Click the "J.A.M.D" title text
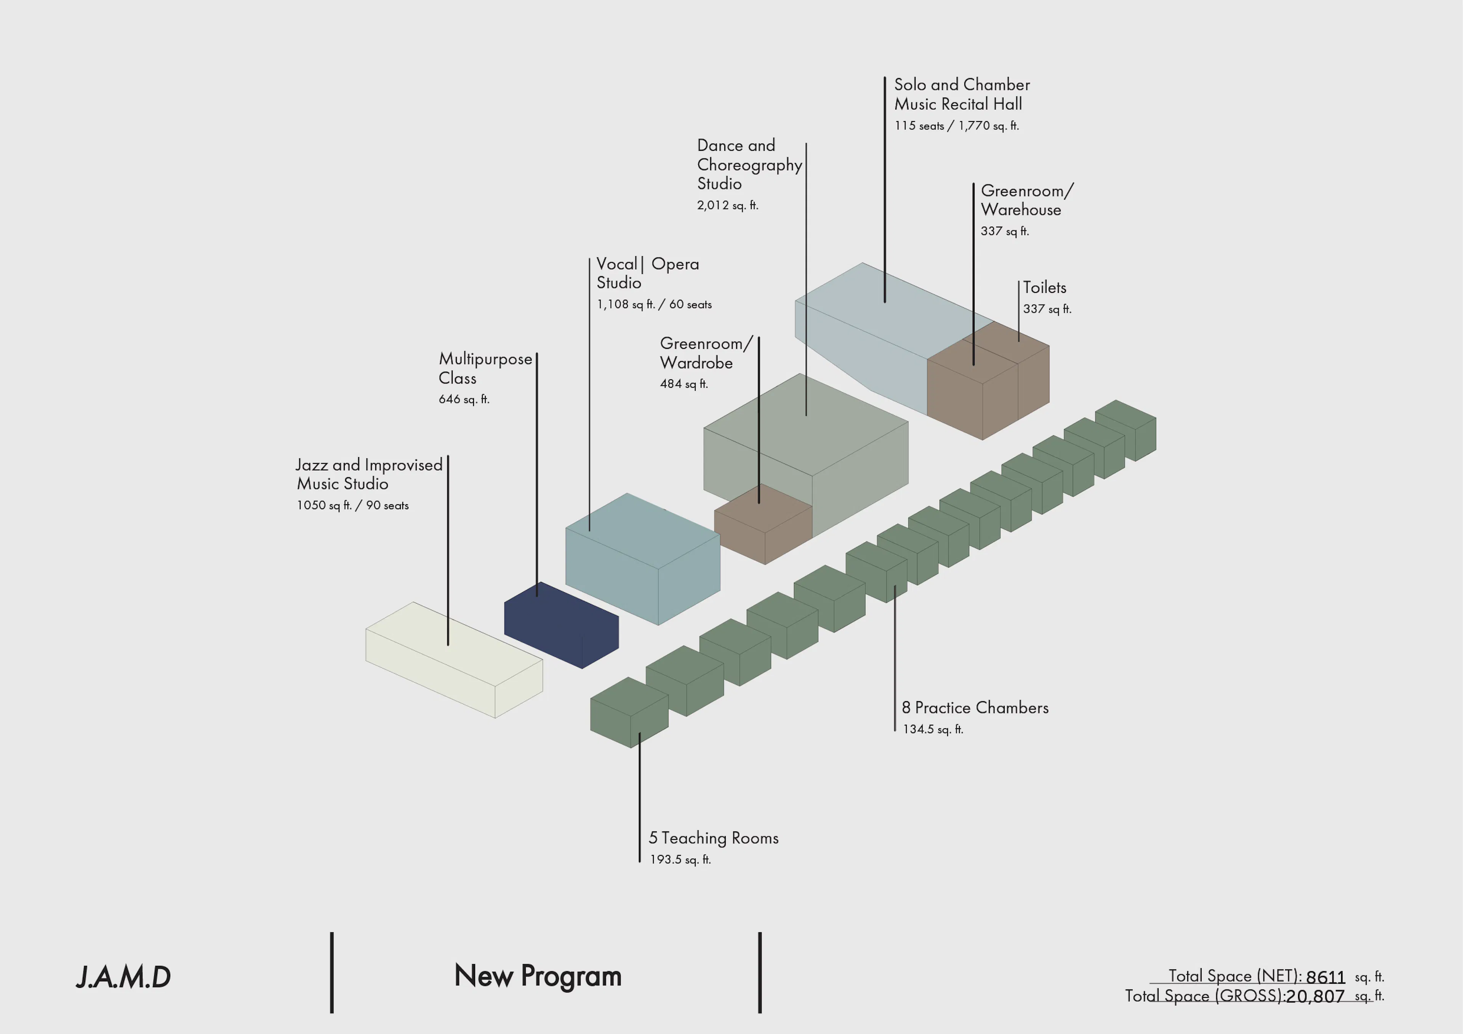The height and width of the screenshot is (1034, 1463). tap(123, 976)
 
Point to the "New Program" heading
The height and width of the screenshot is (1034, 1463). tap(538, 975)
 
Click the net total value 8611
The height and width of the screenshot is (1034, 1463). tap(1325, 976)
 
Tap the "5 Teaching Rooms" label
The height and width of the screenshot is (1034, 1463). tap(714, 838)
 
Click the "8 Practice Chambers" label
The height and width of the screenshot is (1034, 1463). tap(975, 707)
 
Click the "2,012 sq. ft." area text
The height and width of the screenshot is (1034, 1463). tap(727, 205)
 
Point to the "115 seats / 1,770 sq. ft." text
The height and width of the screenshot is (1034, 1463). tap(956, 126)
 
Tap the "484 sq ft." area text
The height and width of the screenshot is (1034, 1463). tap(684, 384)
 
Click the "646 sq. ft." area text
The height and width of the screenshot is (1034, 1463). tap(464, 399)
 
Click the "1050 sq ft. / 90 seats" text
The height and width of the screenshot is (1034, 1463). tap(352, 505)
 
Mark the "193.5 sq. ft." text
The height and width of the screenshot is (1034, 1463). tap(680, 860)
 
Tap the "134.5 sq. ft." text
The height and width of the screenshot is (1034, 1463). tap(933, 729)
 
